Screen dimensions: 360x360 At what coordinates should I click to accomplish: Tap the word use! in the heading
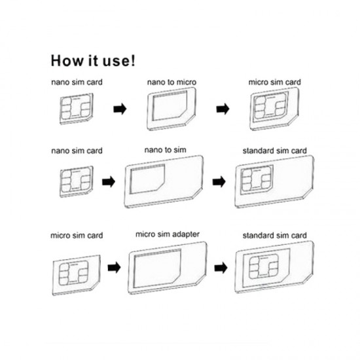pyautogui.click(x=120, y=62)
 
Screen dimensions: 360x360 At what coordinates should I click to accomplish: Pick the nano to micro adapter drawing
pyautogui.click(x=168, y=109)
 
